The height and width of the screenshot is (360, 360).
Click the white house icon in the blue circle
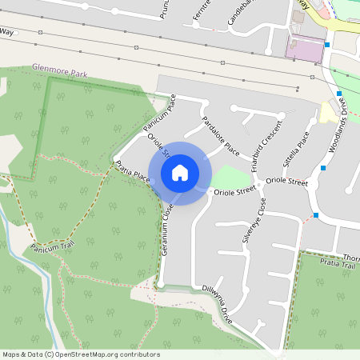pyautogui.click(x=179, y=172)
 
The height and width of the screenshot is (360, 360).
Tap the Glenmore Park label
pyautogui.click(x=58, y=71)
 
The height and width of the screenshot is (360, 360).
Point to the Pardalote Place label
pyautogui.click(x=221, y=136)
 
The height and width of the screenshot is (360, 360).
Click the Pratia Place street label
pyautogui.click(x=133, y=171)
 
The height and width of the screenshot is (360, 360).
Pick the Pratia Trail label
pyautogui.click(x=337, y=263)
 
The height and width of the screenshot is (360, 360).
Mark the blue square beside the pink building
pyautogui.click(x=327, y=45)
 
